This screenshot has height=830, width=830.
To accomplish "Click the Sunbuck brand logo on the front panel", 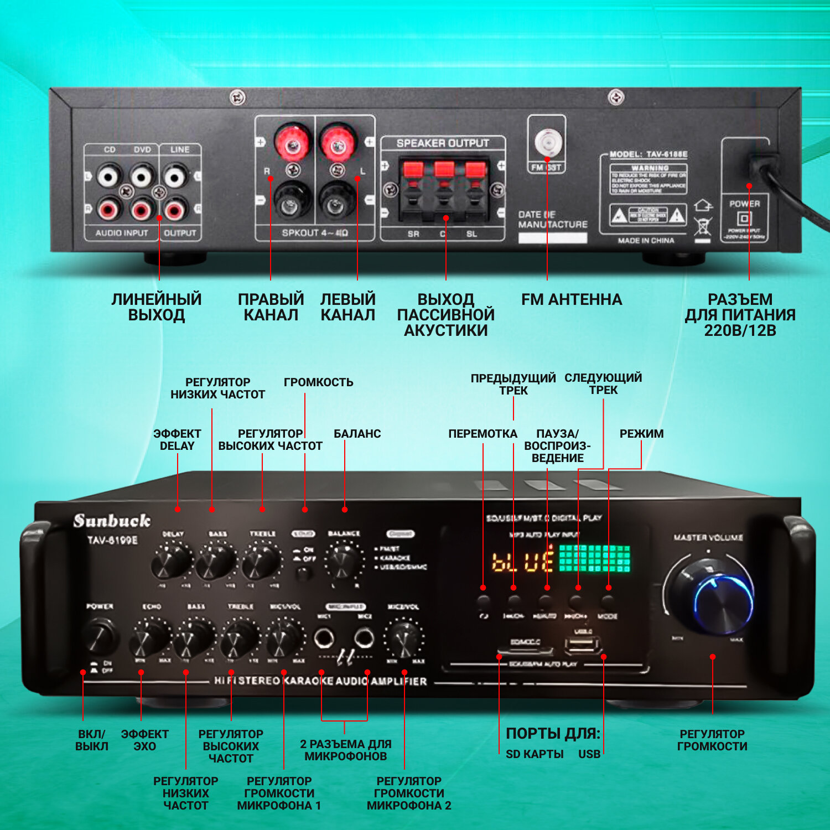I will click(112, 521).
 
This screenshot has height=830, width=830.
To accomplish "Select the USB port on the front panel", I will click(583, 645).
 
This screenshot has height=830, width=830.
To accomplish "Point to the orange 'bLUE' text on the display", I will click(522, 561).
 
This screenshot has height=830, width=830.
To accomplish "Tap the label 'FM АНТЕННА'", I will click(572, 299).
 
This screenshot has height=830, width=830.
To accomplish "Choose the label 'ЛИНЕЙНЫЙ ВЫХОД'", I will click(157, 307).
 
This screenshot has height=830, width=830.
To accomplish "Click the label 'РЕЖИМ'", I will click(641, 434).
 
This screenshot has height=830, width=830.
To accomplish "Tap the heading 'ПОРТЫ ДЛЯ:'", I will click(553, 734).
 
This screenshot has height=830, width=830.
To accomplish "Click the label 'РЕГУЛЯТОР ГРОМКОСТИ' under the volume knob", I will click(712, 740).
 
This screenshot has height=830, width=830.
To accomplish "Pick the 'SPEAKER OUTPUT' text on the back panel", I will click(443, 143).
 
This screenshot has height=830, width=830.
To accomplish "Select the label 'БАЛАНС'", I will click(357, 434).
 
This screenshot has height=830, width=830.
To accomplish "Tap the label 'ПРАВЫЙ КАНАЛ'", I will click(271, 307).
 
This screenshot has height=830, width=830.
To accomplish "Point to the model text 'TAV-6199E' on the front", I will click(112, 540).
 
